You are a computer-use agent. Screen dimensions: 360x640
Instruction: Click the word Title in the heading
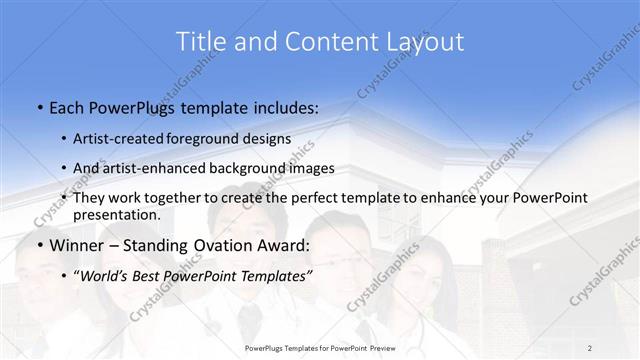pyautogui.click(x=198, y=42)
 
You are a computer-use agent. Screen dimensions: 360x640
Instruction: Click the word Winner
pyautogui.click(x=76, y=244)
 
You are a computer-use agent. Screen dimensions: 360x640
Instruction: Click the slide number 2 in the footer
pyautogui.click(x=590, y=348)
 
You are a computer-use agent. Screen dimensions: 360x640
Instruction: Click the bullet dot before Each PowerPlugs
pyautogui.click(x=38, y=105)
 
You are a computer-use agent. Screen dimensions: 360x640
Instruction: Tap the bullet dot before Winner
pyautogui.click(x=38, y=245)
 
